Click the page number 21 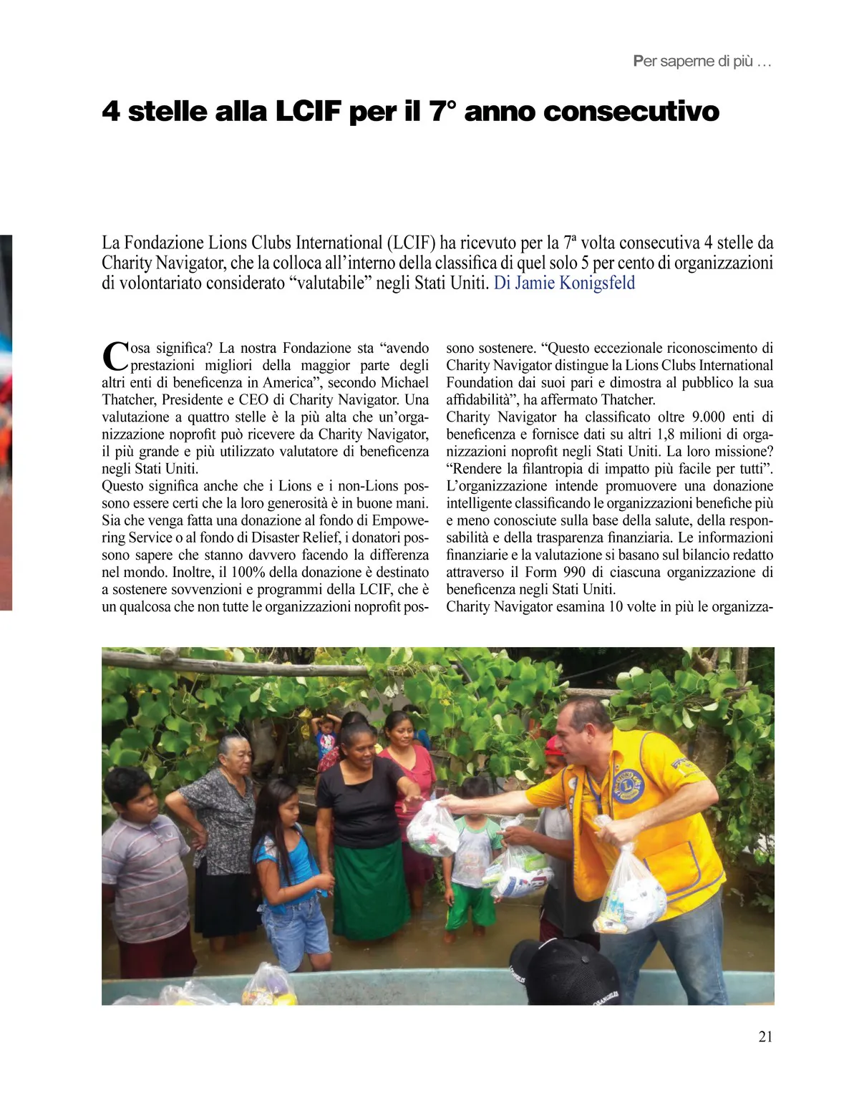(765, 1036)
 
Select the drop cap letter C (115, 356)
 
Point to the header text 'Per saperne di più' (702, 62)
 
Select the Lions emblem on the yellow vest (627, 785)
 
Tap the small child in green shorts (472, 859)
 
